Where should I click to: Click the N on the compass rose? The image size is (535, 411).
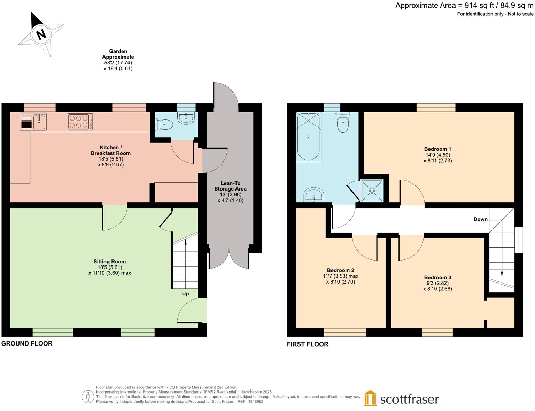click(41, 34)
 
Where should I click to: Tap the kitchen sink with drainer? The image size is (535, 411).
click(33, 121)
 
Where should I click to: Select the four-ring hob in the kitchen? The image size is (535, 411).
click(80, 122)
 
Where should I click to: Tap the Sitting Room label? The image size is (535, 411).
click(109, 262)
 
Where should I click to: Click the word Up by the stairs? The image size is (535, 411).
click(185, 294)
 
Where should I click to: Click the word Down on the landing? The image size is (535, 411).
click(480, 219)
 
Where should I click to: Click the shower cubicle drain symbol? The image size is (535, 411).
click(372, 191)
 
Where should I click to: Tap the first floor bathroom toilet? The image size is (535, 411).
click(343, 124)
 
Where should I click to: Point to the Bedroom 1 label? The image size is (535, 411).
click(437, 149)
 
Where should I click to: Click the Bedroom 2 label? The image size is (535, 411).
click(340, 270)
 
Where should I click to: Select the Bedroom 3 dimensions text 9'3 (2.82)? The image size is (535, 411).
click(437, 283)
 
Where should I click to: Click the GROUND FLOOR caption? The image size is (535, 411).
click(27, 343)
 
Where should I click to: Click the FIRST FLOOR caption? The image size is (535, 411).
click(307, 344)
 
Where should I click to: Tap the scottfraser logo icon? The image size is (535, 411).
click(370, 398)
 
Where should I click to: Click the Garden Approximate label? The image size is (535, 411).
click(118, 54)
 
